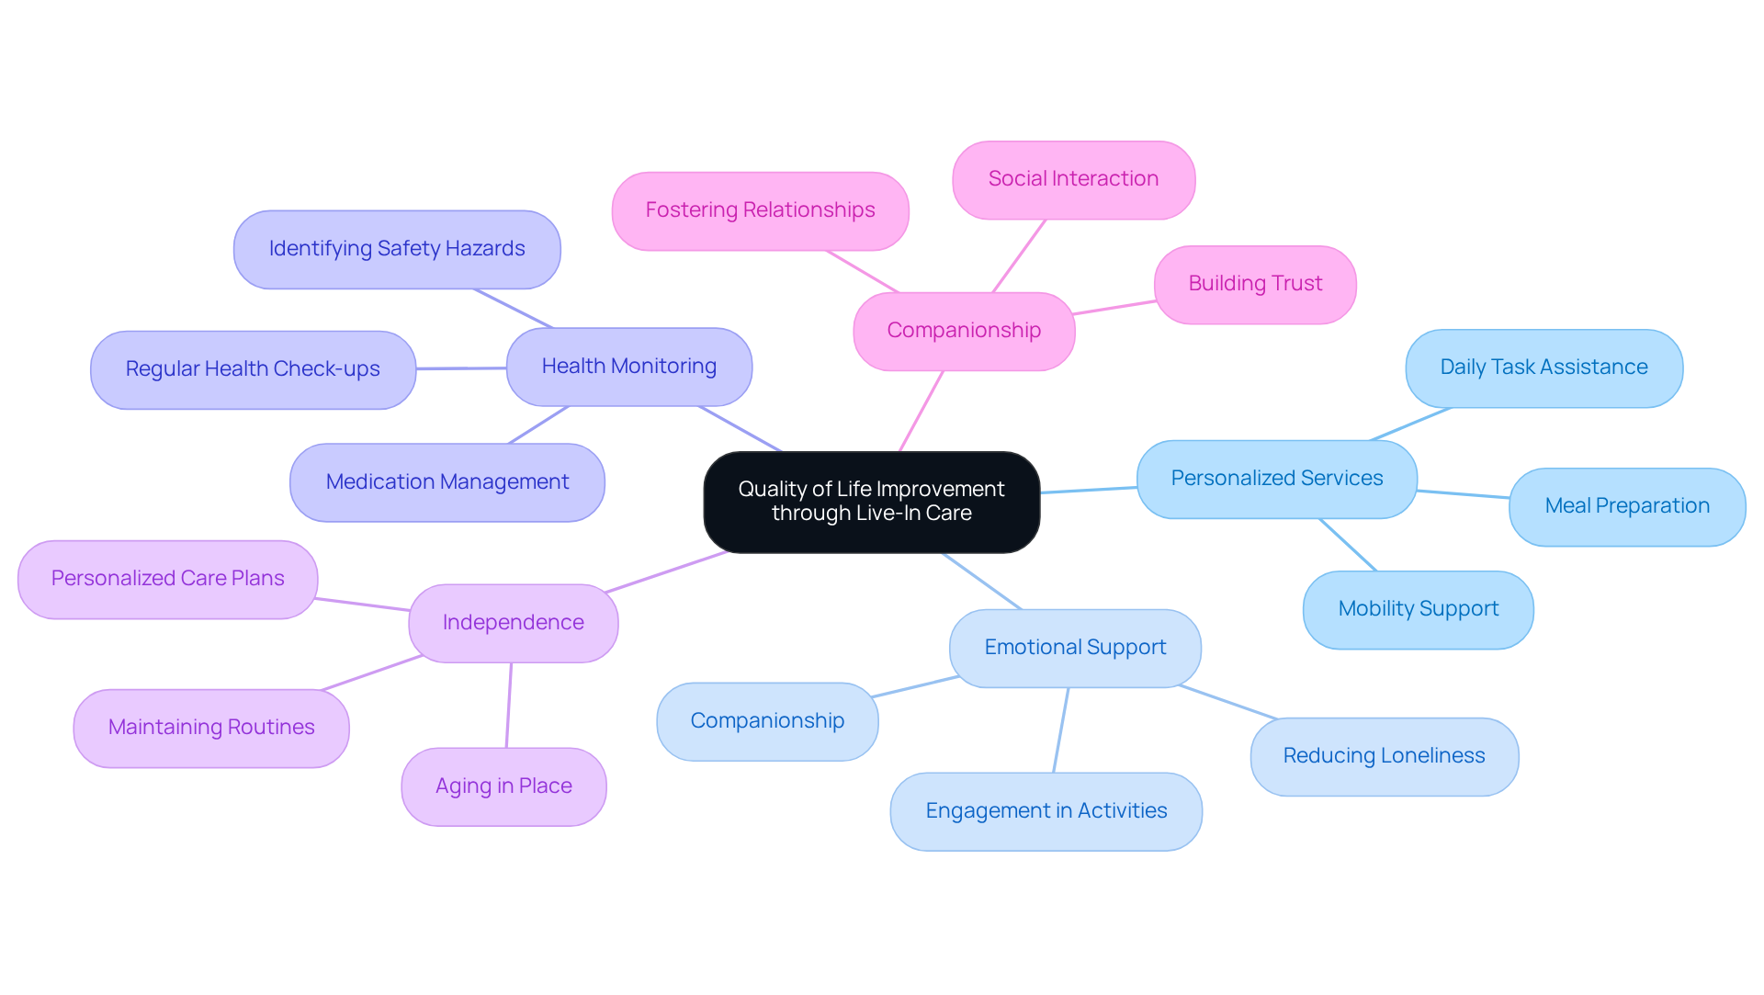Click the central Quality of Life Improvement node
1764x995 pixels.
pyautogui.click(x=871, y=502)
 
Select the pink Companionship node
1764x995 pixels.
pyautogui.click(x=964, y=331)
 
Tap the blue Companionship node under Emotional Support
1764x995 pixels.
pyautogui.click(x=767, y=721)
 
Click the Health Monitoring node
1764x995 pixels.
pyautogui.click(x=629, y=367)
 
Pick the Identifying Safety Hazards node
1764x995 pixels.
pyautogui.click(x=397, y=249)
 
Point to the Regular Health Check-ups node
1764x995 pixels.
pyautogui.click(x=253, y=369)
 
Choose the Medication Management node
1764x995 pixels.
pyautogui.click(x=447, y=482)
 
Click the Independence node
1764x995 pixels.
pyautogui.click(x=513, y=623)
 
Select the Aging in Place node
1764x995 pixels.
pyautogui.click(x=503, y=786)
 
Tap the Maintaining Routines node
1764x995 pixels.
pyautogui.click(x=211, y=728)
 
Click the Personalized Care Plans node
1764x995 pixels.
pyautogui.click(x=167, y=579)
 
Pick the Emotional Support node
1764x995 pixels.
pyautogui.click(x=1075, y=648)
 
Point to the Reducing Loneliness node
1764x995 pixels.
pyautogui.click(x=1384, y=756)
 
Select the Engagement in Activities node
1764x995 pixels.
pyautogui.click(x=1046, y=811)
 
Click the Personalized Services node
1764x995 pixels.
pyautogui.click(x=1276, y=479)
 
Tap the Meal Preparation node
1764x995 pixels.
pyautogui.click(x=1626, y=506)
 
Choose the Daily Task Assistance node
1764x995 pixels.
pyautogui.click(x=1543, y=367)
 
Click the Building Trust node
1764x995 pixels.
pyautogui.click(x=1255, y=284)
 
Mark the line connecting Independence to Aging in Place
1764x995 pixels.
pyautogui.click(x=509, y=705)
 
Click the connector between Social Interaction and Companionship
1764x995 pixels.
pyautogui.click(x=1019, y=256)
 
